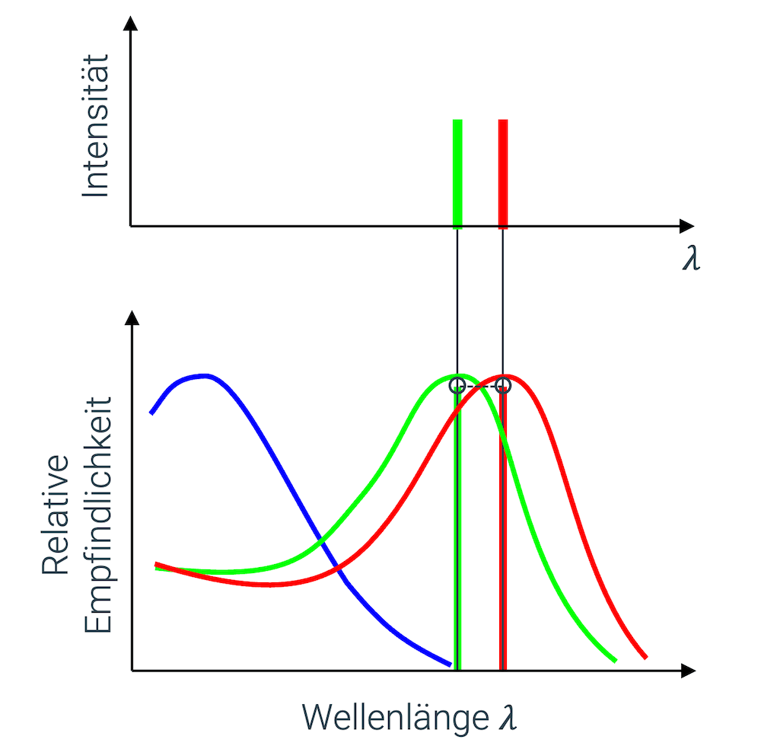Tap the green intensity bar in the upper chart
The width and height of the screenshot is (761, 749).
coord(457,173)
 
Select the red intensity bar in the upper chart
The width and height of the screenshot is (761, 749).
coord(502,173)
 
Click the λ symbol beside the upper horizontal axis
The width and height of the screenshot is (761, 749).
coord(691,260)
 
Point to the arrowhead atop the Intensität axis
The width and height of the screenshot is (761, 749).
coord(131,23)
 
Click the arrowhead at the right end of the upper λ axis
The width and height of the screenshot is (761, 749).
coord(687,226)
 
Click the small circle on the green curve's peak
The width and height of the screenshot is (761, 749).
coord(457,385)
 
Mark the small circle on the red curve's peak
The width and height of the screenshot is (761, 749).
coord(502,385)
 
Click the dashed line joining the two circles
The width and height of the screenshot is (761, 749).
coord(479,386)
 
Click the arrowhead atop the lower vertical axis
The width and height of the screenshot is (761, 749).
coord(133,318)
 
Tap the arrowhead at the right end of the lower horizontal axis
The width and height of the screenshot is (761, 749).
coord(689,671)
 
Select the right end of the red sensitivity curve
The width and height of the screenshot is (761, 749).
coord(645,656)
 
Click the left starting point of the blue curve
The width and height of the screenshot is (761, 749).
coord(152,413)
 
